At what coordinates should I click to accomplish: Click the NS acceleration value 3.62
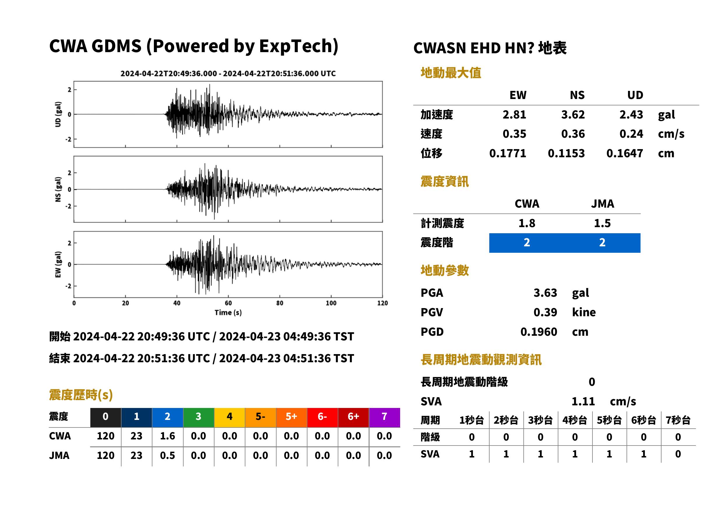point(573,114)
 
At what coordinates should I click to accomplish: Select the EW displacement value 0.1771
point(507,153)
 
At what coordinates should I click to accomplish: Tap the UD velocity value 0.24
point(631,134)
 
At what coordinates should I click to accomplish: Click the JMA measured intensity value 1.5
point(602,223)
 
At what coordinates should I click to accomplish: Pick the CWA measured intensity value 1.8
point(527,223)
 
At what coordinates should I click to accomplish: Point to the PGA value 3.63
point(545,293)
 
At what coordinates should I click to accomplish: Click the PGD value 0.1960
point(539,332)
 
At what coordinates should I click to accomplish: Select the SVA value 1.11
point(583,401)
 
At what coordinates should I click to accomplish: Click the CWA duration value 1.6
point(168,436)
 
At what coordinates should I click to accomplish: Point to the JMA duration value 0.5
point(168,455)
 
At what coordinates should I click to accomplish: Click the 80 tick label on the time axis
point(279,303)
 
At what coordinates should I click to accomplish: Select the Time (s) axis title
point(228,313)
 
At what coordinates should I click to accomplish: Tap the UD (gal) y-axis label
point(58,114)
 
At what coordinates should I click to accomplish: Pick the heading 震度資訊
point(444,181)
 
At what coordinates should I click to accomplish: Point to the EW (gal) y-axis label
point(58,264)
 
